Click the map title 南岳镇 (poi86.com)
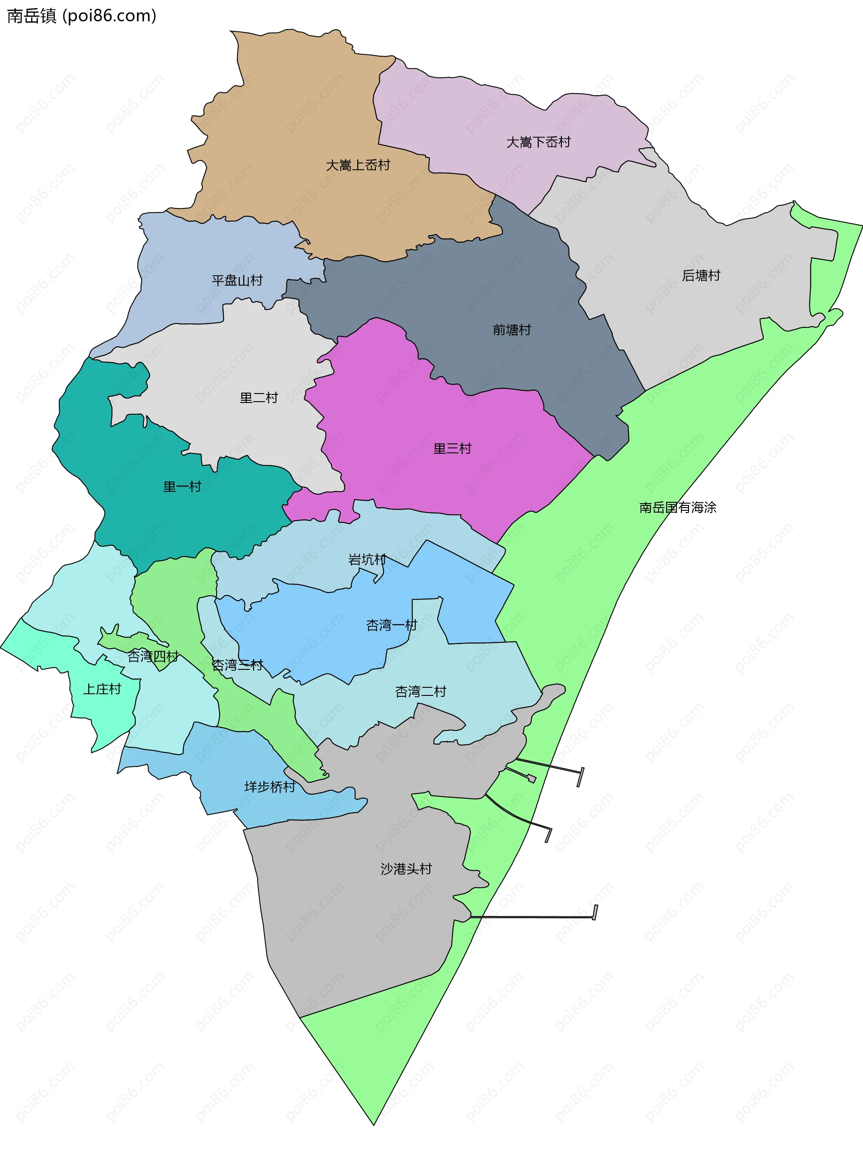pos(81,16)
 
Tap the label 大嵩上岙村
pos(358,165)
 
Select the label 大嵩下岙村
pos(538,142)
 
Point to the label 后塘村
pos(701,275)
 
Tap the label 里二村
pos(258,398)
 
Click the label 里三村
pos(452,448)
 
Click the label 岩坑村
pos(367,560)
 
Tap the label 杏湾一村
pos(391,625)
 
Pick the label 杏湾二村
pos(421,691)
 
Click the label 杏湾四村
pos(153,656)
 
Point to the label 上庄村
pos(102,689)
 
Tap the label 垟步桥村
pos(270,787)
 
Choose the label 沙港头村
pos(406,869)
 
